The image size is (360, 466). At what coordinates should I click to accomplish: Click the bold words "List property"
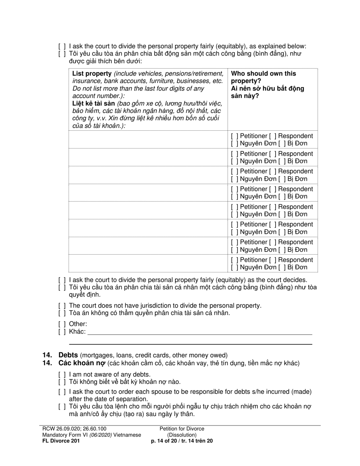(92, 73)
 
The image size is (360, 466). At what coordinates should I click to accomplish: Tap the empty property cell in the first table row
(148, 140)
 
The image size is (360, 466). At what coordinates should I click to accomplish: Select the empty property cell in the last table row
(148, 264)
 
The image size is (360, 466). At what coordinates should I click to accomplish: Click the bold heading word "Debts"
(68, 355)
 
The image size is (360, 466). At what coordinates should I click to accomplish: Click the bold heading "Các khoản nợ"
(81, 363)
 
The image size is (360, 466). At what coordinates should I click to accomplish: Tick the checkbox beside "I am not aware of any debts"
(62, 375)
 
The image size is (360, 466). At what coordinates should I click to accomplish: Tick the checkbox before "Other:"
(62, 324)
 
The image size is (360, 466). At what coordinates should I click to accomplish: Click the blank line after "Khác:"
(200, 332)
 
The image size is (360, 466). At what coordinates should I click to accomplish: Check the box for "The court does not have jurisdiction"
(62, 306)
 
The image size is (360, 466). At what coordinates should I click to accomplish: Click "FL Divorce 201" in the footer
(61, 441)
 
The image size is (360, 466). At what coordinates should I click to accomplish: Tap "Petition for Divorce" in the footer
(182, 429)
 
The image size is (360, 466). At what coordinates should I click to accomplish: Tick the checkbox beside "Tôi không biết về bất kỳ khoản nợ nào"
(62, 382)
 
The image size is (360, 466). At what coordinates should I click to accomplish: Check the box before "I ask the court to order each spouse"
(62, 392)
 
